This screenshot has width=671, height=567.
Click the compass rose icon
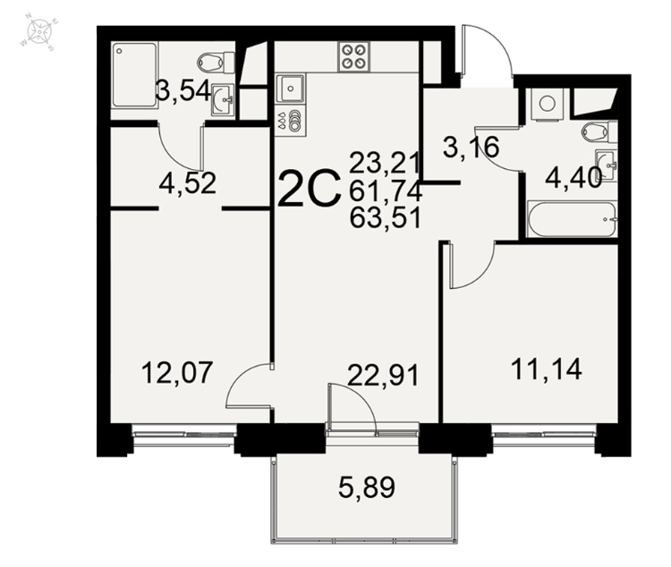click(39, 31)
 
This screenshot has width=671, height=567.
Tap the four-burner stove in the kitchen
click(354, 57)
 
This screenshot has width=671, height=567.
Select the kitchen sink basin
click(291, 89)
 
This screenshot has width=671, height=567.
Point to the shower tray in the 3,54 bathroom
click(134, 75)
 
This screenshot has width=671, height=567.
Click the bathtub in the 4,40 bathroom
click(573, 219)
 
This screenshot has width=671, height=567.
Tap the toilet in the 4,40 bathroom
click(599, 131)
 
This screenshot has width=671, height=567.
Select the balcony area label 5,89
click(367, 487)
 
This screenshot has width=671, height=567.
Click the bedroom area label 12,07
click(177, 372)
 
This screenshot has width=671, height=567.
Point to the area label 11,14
click(547, 368)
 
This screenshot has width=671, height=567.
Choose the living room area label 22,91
click(383, 376)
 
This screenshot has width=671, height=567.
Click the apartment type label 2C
click(310, 189)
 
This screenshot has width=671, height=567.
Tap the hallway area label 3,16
click(471, 147)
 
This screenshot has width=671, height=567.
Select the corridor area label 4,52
click(188, 183)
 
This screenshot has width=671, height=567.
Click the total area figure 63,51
click(386, 217)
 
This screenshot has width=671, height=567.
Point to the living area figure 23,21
click(385, 163)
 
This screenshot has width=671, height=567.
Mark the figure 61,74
click(386, 190)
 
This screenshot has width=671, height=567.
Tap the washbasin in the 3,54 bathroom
click(223, 99)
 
